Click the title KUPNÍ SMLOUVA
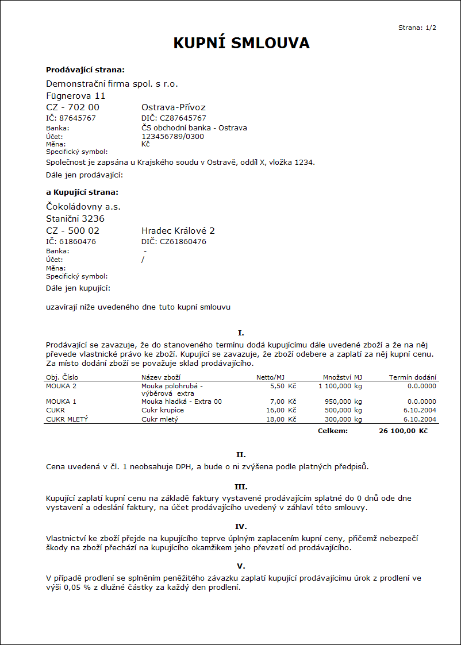(241, 43)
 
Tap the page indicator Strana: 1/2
(417, 28)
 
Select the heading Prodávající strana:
(85, 69)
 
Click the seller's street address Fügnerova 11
(76, 95)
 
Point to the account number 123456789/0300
(172, 136)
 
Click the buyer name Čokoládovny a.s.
(83, 206)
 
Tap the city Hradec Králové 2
(178, 230)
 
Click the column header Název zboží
(161, 377)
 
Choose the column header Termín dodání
(413, 377)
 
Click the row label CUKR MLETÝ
(67, 419)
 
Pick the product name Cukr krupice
(163, 410)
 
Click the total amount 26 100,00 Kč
(403, 430)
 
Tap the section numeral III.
(241, 486)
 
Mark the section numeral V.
(241, 566)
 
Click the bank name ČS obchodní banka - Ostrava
(194, 128)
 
